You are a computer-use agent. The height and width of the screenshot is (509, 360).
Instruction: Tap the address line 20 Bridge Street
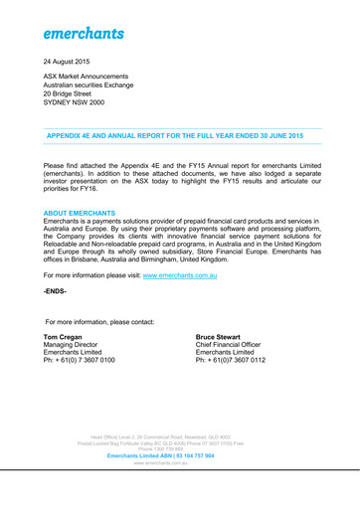pos(70,115)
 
